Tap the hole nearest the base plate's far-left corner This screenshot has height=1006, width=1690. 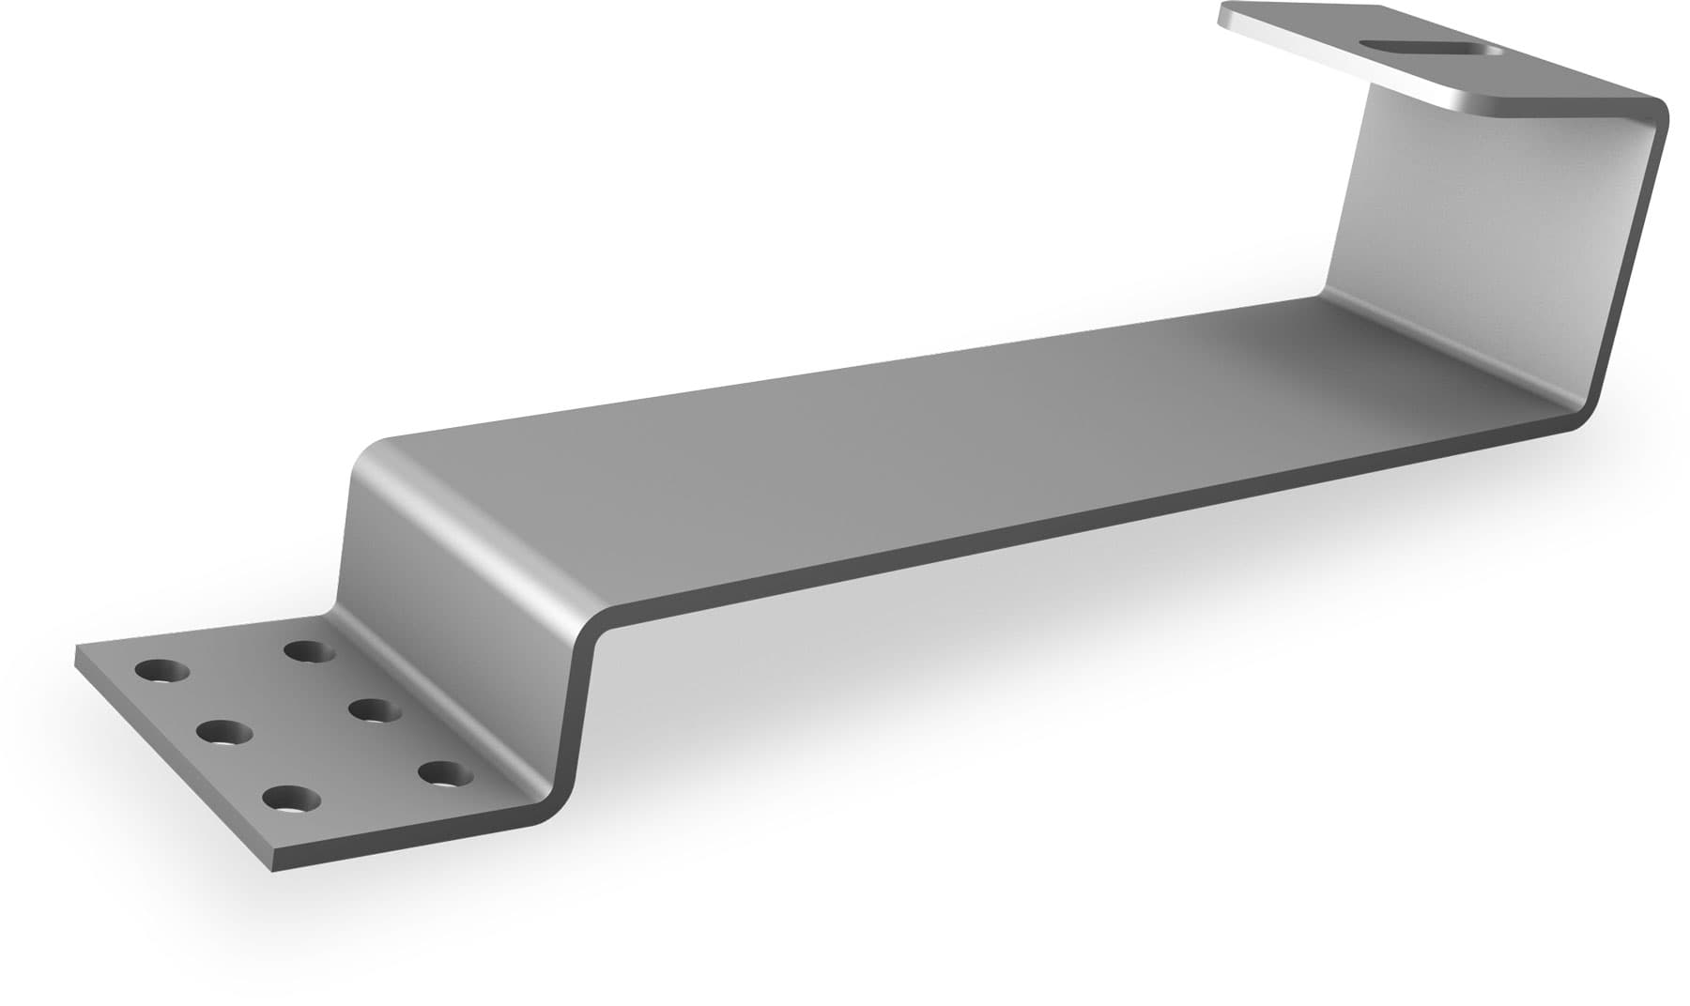point(161,671)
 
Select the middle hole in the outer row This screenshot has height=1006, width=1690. point(224,732)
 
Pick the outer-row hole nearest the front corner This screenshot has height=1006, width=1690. point(291,800)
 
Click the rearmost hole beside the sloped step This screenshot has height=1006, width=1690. point(311,649)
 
